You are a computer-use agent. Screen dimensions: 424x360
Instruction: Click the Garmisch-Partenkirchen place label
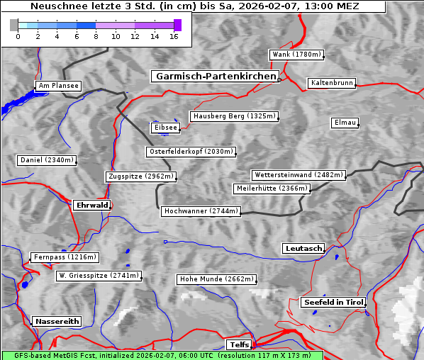click(x=214, y=77)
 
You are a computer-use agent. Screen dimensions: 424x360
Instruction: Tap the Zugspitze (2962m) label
click(x=140, y=176)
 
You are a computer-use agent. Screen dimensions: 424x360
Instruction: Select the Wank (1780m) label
click(x=296, y=55)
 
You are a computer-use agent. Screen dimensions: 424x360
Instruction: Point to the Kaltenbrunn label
click(x=331, y=83)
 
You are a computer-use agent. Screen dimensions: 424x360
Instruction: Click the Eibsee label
click(x=164, y=128)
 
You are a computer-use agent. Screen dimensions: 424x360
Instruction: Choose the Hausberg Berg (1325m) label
click(x=233, y=116)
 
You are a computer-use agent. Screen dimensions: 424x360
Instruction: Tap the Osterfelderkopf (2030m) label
click(x=191, y=152)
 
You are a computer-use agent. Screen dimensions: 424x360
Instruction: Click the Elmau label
click(x=345, y=123)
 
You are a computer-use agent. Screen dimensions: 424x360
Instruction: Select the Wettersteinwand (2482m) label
click(x=298, y=175)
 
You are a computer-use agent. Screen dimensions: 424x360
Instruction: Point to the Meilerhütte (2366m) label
click(x=272, y=189)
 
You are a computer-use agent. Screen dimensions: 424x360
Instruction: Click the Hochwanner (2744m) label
click(x=201, y=211)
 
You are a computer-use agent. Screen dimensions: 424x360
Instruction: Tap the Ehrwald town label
click(x=91, y=205)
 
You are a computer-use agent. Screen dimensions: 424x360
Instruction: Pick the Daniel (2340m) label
click(x=46, y=160)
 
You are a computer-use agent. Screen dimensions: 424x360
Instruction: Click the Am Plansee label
click(x=57, y=86)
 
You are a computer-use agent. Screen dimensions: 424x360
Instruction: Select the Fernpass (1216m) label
click(x=65, y=257)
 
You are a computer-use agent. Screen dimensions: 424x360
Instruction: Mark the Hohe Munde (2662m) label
click(x=216, y=279)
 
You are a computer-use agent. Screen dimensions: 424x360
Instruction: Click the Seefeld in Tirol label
click(x=333, y=302)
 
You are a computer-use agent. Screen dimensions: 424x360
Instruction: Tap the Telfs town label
click(x=238, y=345)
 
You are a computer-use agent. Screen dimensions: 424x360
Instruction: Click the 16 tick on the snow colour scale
click(x=174, y=35)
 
